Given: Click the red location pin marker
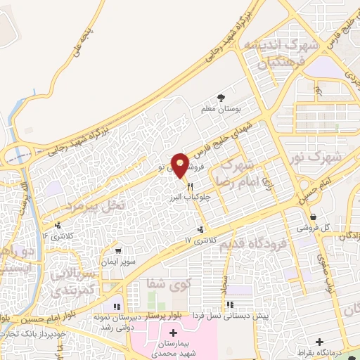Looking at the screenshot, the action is pos(180,165).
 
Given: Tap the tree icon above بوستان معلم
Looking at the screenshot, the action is pos(222,97).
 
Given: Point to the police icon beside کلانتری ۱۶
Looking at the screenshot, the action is pos(56,226).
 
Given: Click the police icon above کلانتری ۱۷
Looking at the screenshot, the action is pos(202,229).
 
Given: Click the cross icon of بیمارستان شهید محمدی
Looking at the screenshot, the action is pos(173,331).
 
